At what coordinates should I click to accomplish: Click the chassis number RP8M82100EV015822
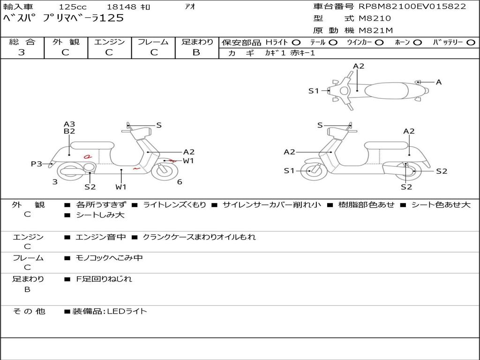tap(412, 7)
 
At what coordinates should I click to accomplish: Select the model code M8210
tap(375, 19)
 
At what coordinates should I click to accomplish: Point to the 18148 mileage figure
tap(121, 7)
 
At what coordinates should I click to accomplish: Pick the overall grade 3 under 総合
tap(22, 52)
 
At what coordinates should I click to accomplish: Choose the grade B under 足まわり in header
tap(196, 52)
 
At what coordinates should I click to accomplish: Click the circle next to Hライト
tap(296, 42)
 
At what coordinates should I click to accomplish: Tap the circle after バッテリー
tap(471, 42)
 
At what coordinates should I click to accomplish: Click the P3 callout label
tap(37, 164)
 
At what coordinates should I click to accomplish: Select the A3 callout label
tap(69, 124)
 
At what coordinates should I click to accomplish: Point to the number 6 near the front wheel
tap(180, 182)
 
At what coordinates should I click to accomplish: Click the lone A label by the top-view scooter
tap(439, 82)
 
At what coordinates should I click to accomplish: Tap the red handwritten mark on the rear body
tap(87, 157)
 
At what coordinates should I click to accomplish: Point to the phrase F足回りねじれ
tap(104, 279)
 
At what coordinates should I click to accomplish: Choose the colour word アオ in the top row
tap(190, 7)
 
